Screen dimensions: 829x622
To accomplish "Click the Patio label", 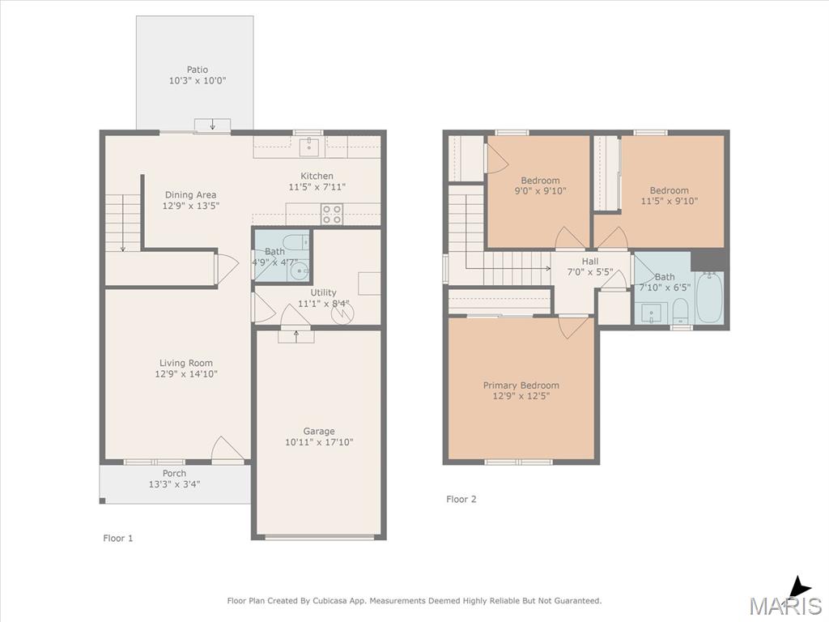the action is pyautogui.click(x=198, y=70).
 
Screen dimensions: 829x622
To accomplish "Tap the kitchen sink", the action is pyautogui.click(x=309, y=147).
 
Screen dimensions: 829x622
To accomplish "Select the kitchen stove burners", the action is pyautogui.click(x=332, y=214).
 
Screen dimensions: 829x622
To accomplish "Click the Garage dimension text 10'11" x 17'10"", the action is pyautogui.click(x=319, y=442).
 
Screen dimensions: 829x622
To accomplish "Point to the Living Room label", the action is pyautogui.click(x=186, y=363).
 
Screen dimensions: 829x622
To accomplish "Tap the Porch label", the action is pyautogui.click(x=175, y=473).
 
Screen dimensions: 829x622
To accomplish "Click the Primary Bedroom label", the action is pyautogui.click(x=521, y=386).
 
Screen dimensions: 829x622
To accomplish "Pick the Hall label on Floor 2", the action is pyautogui.click(x=590, y=262).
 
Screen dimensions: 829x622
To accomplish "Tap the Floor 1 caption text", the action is pyautogui.click(x=118, y=539).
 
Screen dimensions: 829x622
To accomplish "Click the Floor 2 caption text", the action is pyautogui.click(x=461, y=499).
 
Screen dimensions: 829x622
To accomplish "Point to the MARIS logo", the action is pyautogui.click(x=786, y=597).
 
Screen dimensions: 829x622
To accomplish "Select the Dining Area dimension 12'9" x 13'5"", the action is pyautogui.click(x=191, y=206).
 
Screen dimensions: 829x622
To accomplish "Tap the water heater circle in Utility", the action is pyautogui.click(x=341, y=313).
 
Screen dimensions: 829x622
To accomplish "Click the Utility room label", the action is pyautogui.click(x=323, y=292).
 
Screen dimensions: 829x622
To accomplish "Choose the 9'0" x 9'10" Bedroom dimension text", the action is pyautogui.click(x=540, y=191).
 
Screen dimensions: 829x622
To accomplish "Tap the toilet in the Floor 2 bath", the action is pyautogui.click(x=680, y=310).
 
